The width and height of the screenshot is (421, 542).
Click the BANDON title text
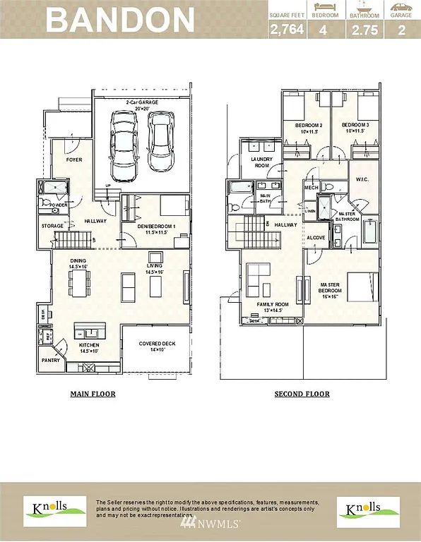(x=121, y=20)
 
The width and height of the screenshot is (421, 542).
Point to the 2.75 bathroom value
(x=363, y=30)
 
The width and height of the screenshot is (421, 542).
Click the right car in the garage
(x=160, y=141)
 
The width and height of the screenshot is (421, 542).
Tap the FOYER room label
(x=74, y=160)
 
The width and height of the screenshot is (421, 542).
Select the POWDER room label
(x=58, y=205)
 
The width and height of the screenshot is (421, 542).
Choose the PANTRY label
(x=51, y=361)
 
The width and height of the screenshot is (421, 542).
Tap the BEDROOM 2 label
(x=309, y=128)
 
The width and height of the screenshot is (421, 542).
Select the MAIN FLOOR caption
(x=93, y=394)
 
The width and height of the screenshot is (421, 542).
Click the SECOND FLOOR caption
(x=302, y=394)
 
